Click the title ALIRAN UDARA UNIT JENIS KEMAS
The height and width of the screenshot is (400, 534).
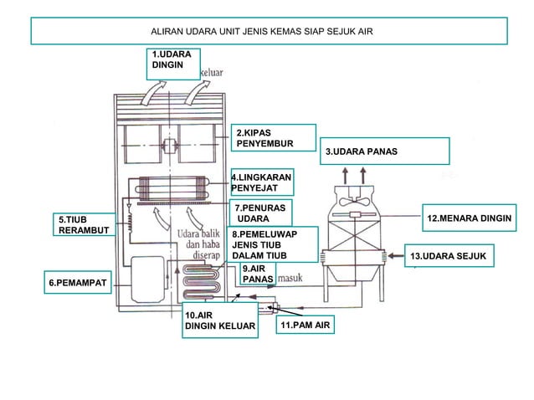tap(260, 32)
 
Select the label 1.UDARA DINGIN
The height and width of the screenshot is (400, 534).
tap(171, 60)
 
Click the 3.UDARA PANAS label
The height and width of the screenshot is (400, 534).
tap(361, 151)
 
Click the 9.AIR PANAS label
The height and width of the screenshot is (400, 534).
tap(218, 321)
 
